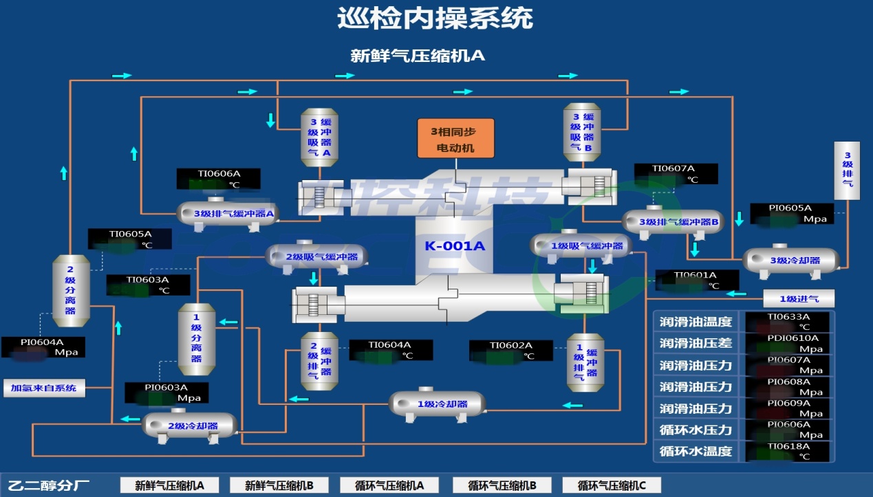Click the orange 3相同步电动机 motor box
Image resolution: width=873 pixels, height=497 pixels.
[x=456, y=138]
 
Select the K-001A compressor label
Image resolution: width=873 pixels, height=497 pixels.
[x=455, y=246]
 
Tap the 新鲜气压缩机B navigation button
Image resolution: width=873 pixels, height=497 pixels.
[x=279, y=485]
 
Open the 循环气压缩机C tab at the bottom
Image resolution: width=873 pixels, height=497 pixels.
[x=612, y=485]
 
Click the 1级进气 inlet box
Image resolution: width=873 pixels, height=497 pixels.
[x=799, y=298]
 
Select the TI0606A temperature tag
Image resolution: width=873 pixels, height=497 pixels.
[x=219, y=174]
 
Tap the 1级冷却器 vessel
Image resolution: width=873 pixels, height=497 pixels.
[x=438, y=404]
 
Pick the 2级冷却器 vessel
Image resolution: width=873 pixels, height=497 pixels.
[x=191, y=426]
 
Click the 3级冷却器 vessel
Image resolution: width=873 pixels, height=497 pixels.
[x=791, y=261]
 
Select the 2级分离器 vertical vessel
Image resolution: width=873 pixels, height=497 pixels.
[x=71, y=291]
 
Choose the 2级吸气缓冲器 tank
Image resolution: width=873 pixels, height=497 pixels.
[x=317, y=257]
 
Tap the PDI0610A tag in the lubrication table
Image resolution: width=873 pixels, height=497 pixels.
[x=793, y=338]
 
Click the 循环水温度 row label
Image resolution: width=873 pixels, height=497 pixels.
[x=696, y=452]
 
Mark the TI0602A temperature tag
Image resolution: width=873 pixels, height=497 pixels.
[x=511, y=345]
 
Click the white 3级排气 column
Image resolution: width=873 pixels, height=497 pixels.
[x=847, y=170]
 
